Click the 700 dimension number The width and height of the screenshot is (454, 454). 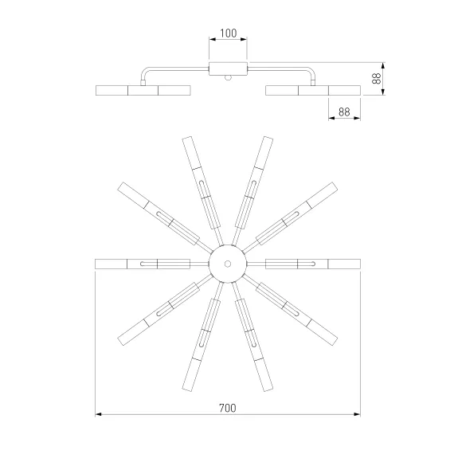click(x=228, y=408)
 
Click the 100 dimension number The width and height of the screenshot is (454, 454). click(x=228, y=33)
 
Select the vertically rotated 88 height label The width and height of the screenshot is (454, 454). click(x=376, y=79)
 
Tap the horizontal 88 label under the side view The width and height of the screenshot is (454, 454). click(x=344, y=112)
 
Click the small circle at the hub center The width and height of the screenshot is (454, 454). click(x=228, y=264)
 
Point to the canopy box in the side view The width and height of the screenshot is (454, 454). click(x=228, y=69)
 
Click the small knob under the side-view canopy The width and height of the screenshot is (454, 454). click(x=228, y=77)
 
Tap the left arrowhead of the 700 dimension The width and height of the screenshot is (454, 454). click(x=99, y=414)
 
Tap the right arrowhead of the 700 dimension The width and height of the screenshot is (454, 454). click(x=357, y=414)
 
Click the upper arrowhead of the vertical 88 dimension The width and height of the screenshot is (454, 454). click(x=383, y=66)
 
